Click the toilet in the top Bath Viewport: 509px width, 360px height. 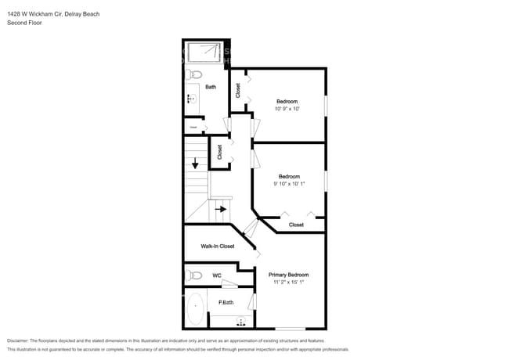coord(196,74)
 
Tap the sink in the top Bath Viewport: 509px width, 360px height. coord(190,99)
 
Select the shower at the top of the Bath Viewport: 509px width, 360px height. coord(205,52)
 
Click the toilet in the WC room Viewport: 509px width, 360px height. coord(193,275)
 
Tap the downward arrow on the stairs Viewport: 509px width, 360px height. coord(195,164)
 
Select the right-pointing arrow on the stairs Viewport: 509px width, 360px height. coord(222,209)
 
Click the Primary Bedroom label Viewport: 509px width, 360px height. coord(288,275)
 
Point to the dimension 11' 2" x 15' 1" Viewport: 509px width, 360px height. coord(288,283)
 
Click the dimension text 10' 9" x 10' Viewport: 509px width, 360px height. coord(287,109)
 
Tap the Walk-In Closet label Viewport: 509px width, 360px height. coord(217,247)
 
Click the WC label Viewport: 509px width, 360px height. coord(217,275)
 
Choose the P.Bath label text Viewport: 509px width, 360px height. coord(226,302)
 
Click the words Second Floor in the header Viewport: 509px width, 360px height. coord(24,23)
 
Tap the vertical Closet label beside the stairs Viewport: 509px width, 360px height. coord(220,152)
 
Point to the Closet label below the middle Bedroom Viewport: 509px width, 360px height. coord(296,225)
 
